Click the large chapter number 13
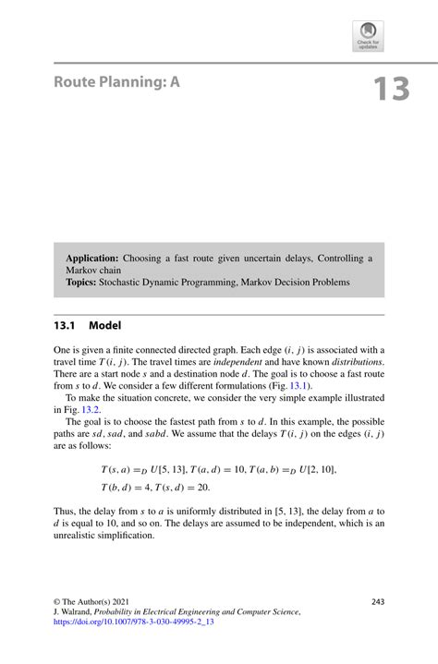pyautogui.click(x=391, y=89)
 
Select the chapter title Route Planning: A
pyautogui.click(x=116, y=82)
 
